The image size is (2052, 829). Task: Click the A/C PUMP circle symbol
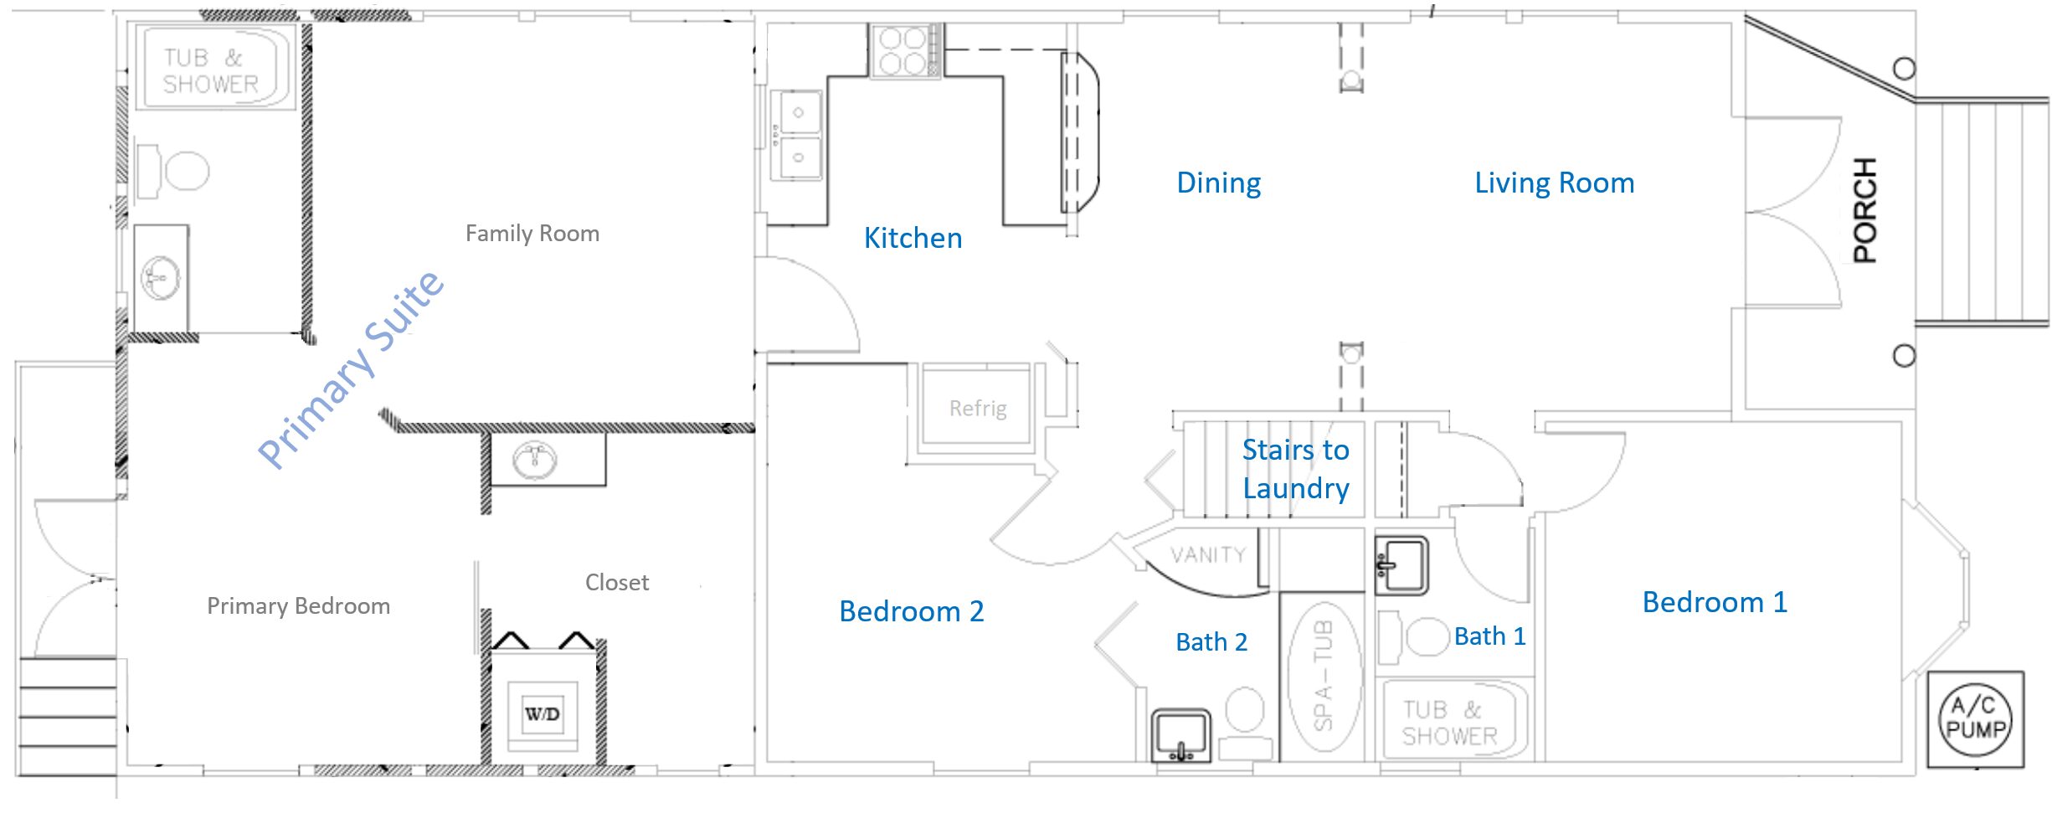point(1976,719)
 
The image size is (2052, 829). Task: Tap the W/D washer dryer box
point(543,714)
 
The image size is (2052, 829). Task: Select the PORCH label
point(1865,210)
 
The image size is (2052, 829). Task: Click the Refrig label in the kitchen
point(978,409)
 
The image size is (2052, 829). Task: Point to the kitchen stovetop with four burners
point(903,51)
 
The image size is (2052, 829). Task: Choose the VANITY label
point(1208,554)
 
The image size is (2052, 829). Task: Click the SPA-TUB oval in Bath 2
point(1324,675)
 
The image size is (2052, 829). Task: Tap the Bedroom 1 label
point(1715,602)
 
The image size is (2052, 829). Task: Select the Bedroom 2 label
point(911,611)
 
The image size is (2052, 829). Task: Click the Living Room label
point(1554,183)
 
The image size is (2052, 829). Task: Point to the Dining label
point(1218,183)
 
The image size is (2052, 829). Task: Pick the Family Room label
point(532,233)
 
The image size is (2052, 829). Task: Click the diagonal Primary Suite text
point(351,369)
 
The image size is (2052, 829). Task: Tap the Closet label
point(617,582)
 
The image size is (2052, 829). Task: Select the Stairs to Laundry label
point(1295,469)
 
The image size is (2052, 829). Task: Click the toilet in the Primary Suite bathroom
point(172,170)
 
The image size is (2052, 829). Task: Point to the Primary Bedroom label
point(298,605)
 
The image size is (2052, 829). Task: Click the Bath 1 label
point(1490,636)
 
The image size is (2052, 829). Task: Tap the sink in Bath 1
point(1401,565)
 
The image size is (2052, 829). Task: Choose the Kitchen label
point(913,238)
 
